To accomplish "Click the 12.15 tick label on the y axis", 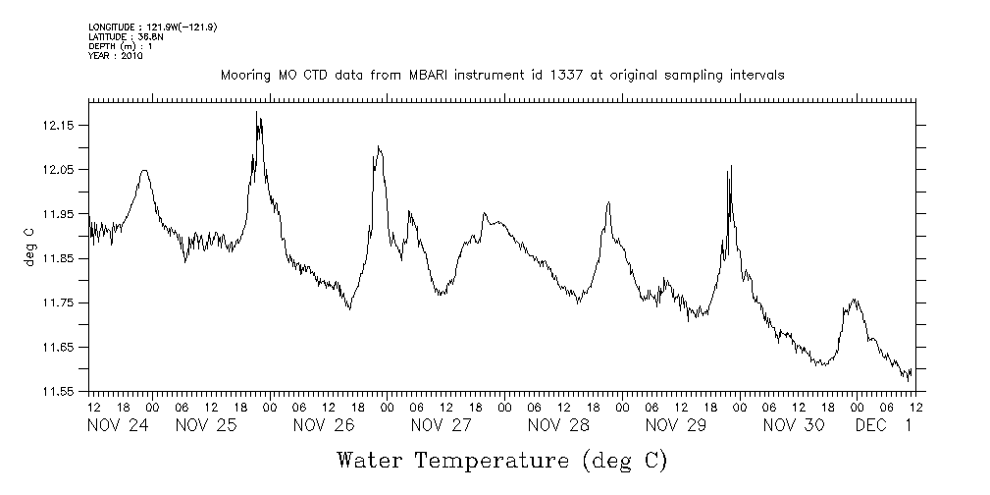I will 61,126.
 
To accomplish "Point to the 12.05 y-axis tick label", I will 61,170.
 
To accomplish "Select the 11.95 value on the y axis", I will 61,214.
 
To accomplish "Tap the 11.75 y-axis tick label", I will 61,302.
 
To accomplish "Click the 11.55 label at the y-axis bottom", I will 61,391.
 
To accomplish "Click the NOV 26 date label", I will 323,425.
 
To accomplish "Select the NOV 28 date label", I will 558,425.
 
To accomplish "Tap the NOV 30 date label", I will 794,425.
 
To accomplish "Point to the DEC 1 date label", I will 884,425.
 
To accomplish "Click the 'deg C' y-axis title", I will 29,247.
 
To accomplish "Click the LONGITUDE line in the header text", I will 152,27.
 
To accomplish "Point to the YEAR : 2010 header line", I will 116,56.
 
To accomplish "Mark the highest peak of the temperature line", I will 257,112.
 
